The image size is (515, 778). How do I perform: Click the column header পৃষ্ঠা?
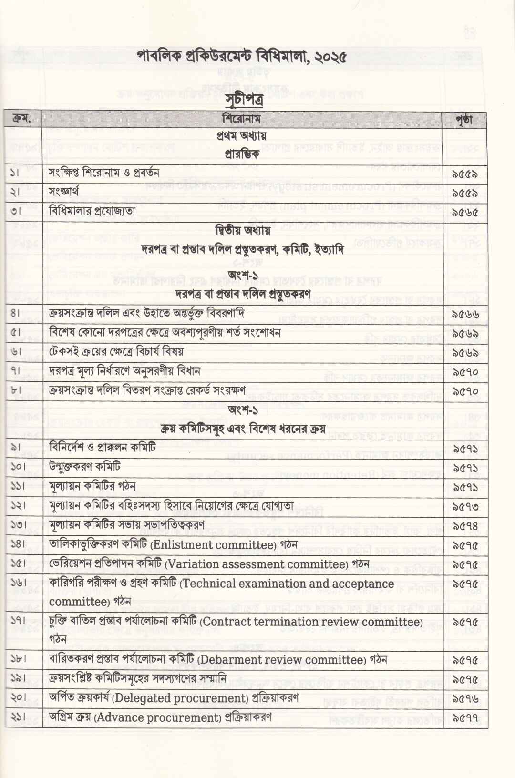[x=464, y=120]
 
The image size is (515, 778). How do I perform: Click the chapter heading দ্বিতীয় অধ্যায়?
[x=242, y=231]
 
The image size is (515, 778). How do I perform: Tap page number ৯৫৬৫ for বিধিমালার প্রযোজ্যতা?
[x=465, y=213]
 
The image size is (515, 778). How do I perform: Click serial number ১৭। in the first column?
[x=18, y=623]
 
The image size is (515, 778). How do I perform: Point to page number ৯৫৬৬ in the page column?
[x=465, y=315]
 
